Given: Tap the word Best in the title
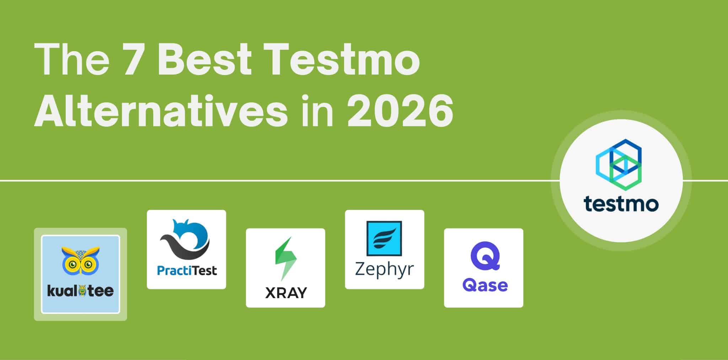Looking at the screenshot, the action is click(204, 60).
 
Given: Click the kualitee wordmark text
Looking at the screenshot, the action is click(80, 291).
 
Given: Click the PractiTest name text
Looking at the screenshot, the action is click(187, 271).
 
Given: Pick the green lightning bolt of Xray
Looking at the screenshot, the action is click(285, 258).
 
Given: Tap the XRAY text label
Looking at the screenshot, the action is click(286, 293).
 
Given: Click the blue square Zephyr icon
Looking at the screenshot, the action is click(384, 238).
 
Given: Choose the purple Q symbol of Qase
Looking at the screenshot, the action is click(485, 256).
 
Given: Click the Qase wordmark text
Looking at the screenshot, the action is click(485, 285).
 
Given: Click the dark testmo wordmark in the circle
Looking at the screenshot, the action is click(621, 204).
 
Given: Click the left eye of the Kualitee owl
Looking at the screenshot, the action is click(73, 264).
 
